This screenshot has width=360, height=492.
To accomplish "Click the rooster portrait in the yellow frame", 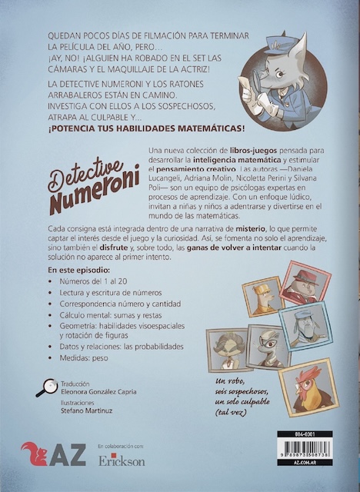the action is click(x=308, y=384).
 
